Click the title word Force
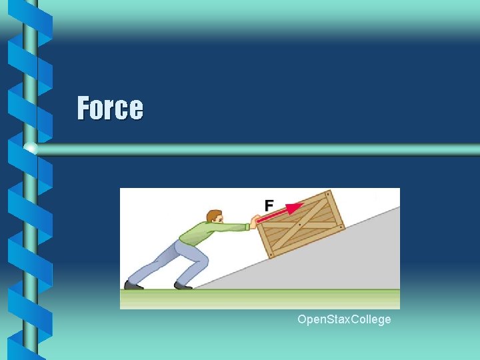tap(110, 107)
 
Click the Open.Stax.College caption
tap(344, 320)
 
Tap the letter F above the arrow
tap(269, 206)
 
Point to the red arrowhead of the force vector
tap(293, 208)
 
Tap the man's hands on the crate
tap(252, 222)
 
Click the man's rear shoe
tap(133, 285)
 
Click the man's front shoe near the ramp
tap(183, 285)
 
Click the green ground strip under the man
tap(200, 299)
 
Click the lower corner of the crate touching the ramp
tap(271, 257)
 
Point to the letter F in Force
tap(83, 107)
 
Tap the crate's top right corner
tap(329, 192)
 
